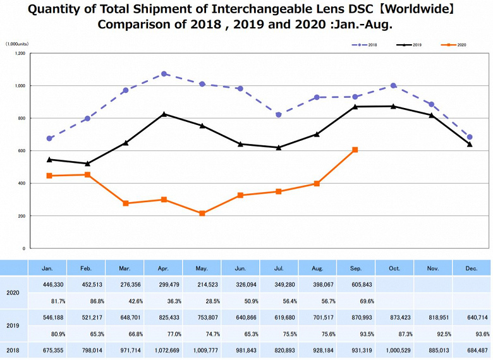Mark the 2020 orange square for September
[355, 150]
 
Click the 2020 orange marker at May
[202, 213]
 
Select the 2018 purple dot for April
[164, 74]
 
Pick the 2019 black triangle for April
[164, 114]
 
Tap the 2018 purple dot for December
[470, 137]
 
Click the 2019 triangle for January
[49, 160]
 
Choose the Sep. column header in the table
[356, 268]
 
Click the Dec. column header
[470, 268]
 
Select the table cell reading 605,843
[355, 285]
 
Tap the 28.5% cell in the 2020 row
[202, 301]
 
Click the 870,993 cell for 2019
[355, 318]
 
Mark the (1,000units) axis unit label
[17, 44]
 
